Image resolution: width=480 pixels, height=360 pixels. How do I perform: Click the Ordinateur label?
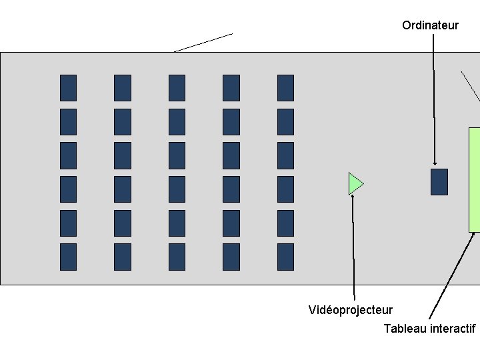430,25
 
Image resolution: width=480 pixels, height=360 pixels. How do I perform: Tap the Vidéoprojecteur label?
351,310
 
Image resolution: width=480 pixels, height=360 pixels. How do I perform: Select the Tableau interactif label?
429,329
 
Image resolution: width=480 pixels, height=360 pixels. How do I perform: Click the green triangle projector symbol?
355,183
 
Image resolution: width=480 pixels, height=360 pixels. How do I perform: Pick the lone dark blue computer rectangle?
439,181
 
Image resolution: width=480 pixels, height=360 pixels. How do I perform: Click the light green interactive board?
474,179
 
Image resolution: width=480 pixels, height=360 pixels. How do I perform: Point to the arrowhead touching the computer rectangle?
435,163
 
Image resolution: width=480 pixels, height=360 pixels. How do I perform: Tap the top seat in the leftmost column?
68,88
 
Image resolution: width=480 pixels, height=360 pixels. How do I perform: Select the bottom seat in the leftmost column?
68,257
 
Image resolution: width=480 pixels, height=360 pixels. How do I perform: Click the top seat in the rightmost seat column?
285,88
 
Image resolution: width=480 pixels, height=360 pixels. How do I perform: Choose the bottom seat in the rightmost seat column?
285,257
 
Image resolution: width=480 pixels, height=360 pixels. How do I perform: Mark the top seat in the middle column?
177,88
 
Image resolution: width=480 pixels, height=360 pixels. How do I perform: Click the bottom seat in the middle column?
177,257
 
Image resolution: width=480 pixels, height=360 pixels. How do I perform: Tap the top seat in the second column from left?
123,88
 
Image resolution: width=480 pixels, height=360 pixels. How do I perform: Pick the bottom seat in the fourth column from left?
231,257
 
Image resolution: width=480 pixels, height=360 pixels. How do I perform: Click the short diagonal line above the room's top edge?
203,42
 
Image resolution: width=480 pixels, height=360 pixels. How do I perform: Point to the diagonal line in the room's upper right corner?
470,86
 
